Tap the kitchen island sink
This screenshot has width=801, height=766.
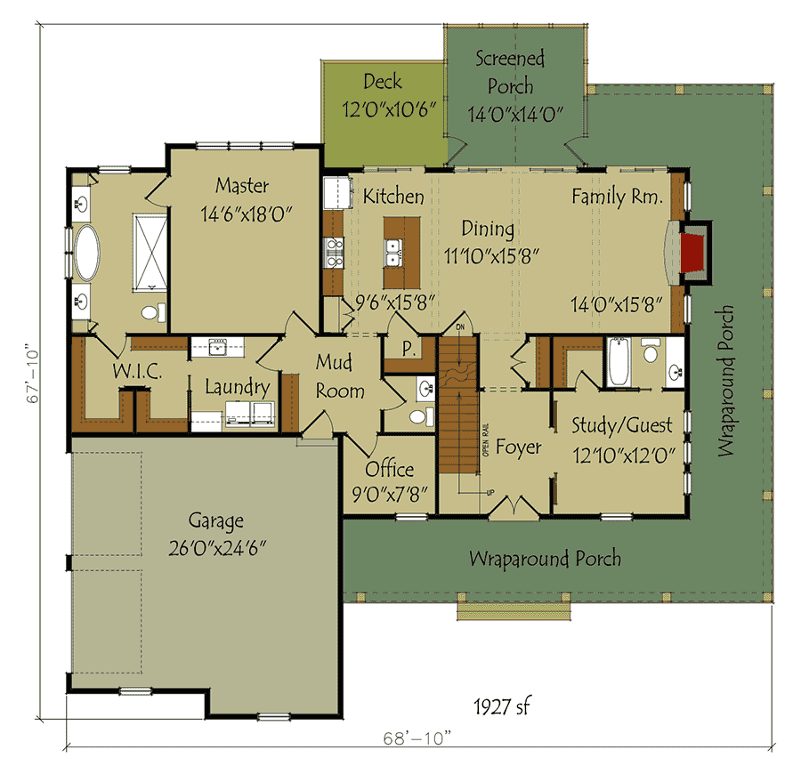pos(392,253)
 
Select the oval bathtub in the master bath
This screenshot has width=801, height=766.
pos(87,253)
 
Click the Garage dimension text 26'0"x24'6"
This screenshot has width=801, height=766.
pos(218,548)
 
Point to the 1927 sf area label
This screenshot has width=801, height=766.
pos(502,706)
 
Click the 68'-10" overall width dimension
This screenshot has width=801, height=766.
pos(418,738)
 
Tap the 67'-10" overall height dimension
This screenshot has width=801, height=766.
pos(32,375)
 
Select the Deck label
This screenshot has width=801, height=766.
pos(383,82)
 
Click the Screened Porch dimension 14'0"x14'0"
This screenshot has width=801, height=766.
pos(515,115)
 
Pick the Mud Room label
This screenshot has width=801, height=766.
pos(340,377)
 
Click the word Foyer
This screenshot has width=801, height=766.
pos(519,448)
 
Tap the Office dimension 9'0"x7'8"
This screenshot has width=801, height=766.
pos(390,495)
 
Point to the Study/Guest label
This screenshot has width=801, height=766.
pos(622,425)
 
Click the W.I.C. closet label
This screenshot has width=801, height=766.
pos(137,371)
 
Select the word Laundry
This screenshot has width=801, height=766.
pos(238,388)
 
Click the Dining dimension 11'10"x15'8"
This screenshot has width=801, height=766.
pos(491,256)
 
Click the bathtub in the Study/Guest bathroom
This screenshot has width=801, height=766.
pos(619,362)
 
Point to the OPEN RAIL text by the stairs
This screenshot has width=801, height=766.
pos(485,439)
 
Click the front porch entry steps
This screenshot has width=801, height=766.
pos(514,611)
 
